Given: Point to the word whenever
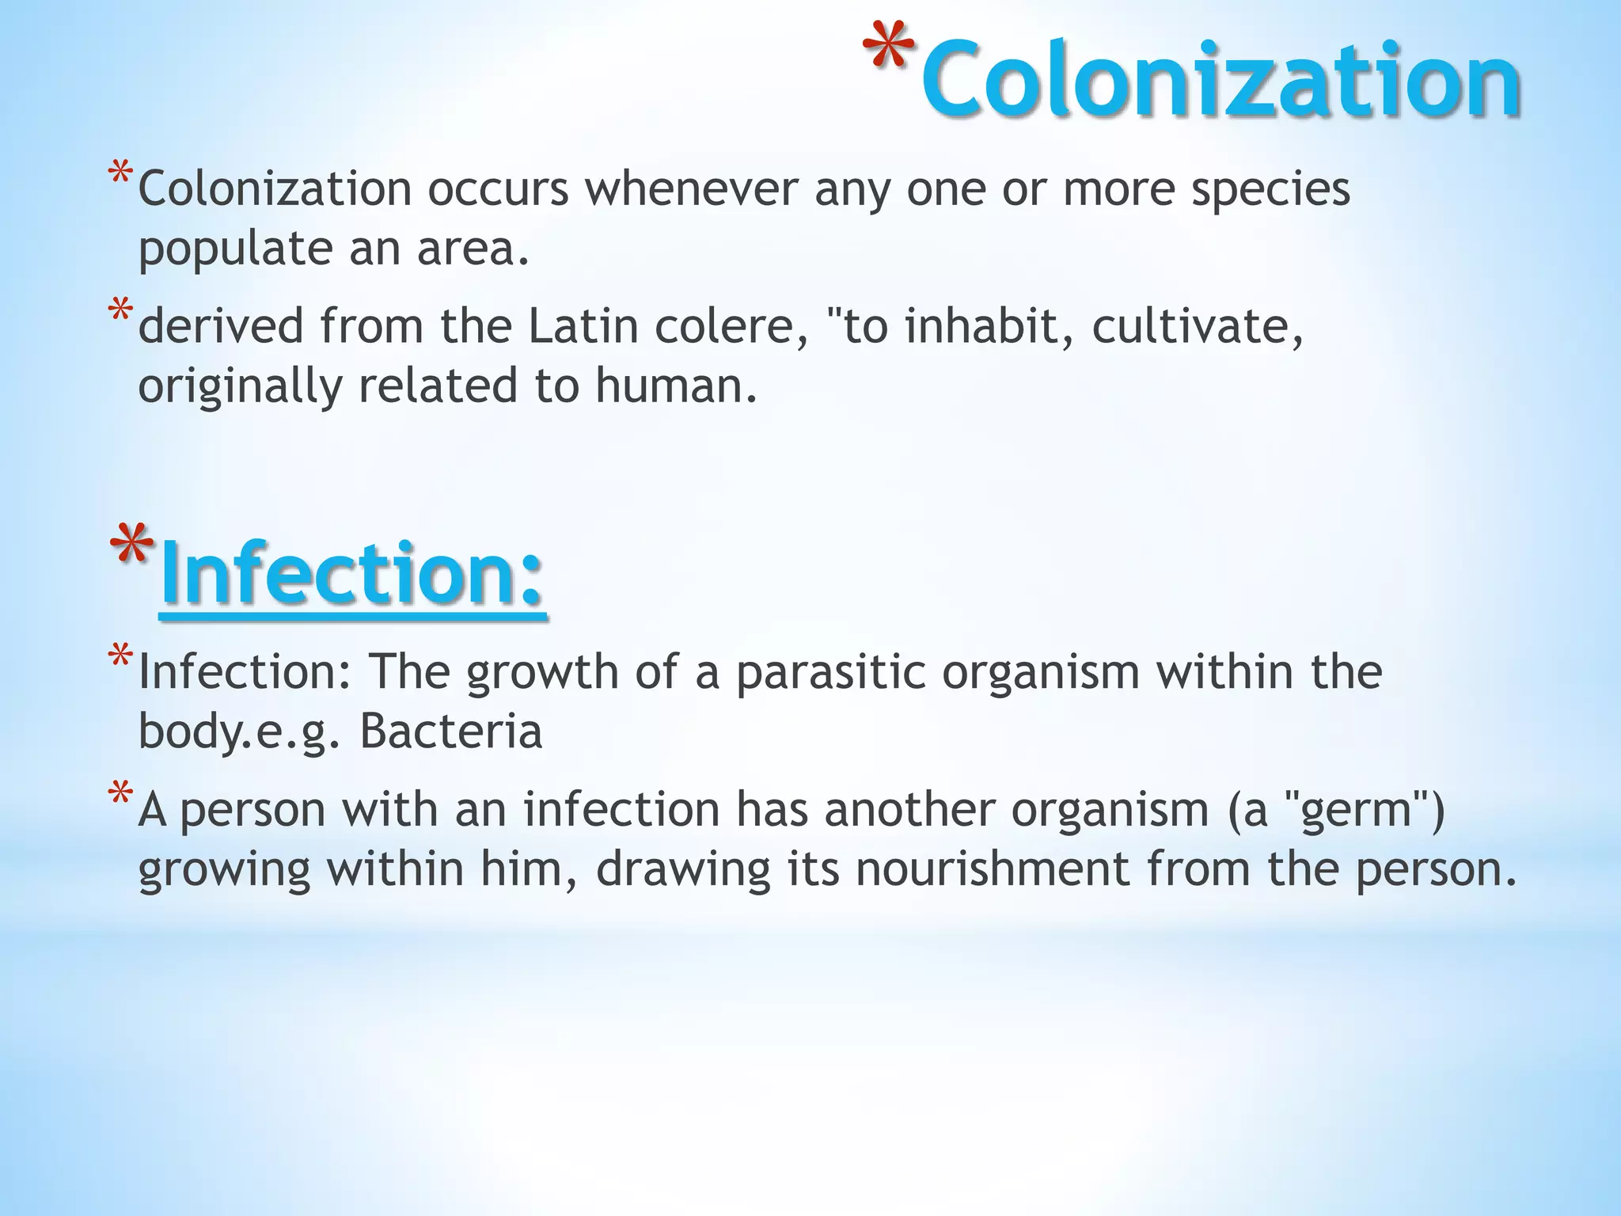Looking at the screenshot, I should point(691,189).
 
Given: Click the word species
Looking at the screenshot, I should point(1270,191).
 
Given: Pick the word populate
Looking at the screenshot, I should point(235,249).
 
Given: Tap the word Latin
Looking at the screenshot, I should point(583,326).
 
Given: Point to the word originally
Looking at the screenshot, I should point(240,386).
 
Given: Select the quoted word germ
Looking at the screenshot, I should point(1357,811).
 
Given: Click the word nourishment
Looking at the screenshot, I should point(993,868).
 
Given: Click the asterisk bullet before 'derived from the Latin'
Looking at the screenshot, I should point(120,310).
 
